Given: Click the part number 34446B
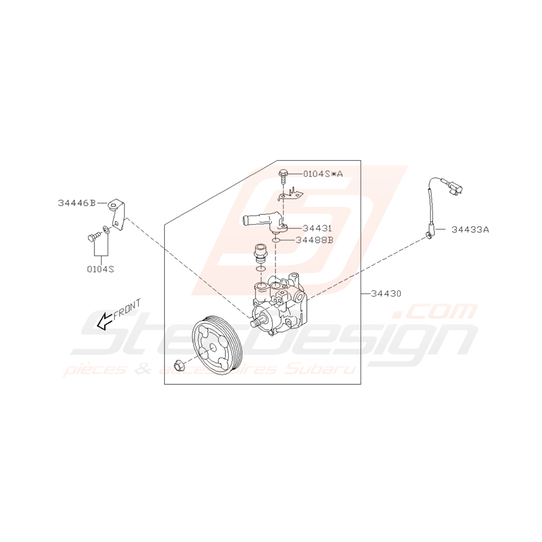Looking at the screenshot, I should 76,203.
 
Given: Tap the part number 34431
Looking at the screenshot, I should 317,228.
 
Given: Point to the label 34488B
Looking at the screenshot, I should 314,239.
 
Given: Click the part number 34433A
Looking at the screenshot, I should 470,229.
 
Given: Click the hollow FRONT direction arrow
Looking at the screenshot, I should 105,321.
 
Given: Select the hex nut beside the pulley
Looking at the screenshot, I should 179,366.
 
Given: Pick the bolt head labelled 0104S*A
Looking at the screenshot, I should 283,173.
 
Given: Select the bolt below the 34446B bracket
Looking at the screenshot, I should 93,237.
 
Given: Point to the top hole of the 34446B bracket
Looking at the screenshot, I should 113,204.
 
